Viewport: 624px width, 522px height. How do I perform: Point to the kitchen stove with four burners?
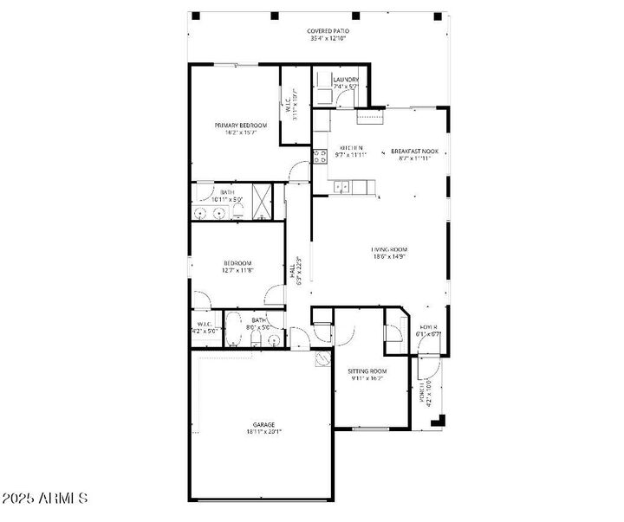(319, 157)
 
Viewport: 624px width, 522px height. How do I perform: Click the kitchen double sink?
(342, 185)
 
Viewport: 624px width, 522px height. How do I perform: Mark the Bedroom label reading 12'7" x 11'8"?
(237, 267)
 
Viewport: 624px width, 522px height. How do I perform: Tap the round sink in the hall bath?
(274, 340)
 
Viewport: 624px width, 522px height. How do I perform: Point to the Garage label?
(263, 428)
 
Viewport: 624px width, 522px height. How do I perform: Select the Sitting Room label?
(368, 374)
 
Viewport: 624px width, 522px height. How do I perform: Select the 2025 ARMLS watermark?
(45, 499)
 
